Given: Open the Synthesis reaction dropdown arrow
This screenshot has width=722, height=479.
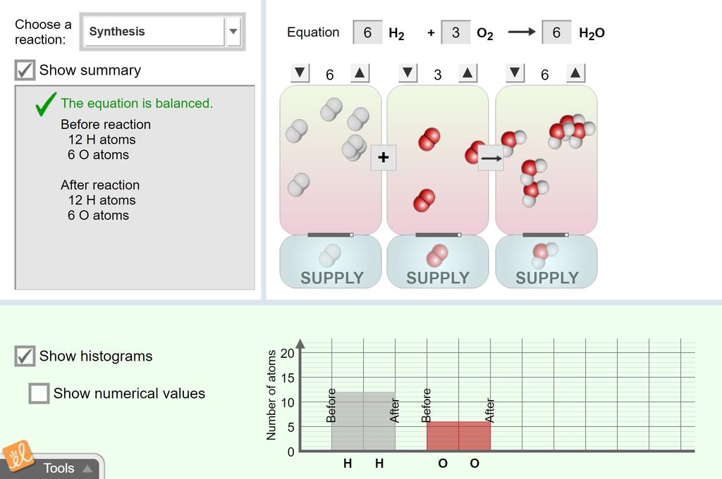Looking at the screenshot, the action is point(233,31).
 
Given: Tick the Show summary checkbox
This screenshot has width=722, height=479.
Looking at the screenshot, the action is point(25,70).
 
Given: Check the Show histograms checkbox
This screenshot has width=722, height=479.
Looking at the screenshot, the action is point(25,356).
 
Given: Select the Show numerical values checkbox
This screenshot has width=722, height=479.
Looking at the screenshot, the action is point(39,394).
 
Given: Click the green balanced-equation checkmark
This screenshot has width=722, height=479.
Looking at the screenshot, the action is point(46,104).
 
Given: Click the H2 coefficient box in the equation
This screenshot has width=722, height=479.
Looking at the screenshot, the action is point(367,32).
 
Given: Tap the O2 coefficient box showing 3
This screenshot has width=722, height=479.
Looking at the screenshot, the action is point(456,32).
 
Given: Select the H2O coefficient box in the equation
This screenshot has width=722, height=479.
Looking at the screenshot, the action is point(556,32).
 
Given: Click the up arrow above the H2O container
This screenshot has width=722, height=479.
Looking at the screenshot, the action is point(575,73).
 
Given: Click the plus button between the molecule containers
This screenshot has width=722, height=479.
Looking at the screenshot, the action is point(384,157).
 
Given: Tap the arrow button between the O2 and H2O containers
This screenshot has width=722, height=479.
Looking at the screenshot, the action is point(491,158).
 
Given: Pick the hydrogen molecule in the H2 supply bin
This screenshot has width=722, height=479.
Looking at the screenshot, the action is point(330,256).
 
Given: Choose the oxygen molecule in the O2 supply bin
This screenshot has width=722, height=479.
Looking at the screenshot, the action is point(437,256).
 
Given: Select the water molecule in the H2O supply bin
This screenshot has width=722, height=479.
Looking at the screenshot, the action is point(545,256).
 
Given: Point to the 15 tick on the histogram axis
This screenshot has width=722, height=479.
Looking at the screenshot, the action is point(288,378).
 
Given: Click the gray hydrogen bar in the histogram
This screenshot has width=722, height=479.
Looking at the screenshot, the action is point(363,421).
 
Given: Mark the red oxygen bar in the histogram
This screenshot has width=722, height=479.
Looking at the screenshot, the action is point(458,436).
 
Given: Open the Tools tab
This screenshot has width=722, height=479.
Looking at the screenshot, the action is point(59,468).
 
